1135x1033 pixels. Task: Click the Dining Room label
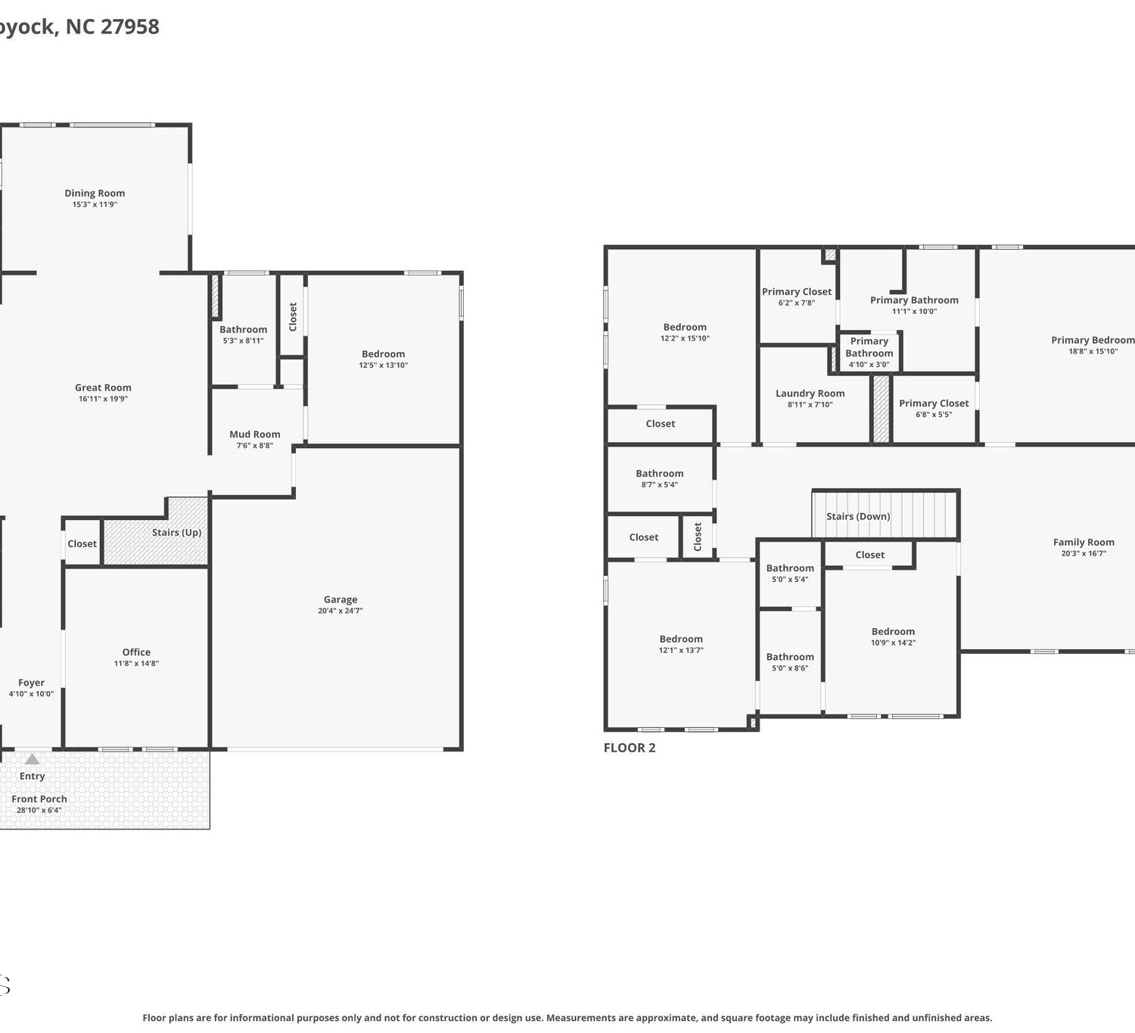point(95,193)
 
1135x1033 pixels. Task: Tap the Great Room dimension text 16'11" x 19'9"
point(103,399)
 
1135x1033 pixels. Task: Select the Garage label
point(340,599)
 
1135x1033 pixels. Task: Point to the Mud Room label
point(254,434)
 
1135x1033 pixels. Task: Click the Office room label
point(136,652)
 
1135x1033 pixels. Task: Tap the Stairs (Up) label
point(176,532)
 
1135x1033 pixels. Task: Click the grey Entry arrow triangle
point(33,758)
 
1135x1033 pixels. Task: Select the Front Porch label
point(39,798)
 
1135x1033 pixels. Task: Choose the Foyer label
point(31,683)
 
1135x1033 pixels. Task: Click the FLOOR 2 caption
point(630,748)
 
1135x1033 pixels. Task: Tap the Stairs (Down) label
point(858,516)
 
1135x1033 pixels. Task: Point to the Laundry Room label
point(810,394)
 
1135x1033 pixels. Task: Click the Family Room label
point(1084,543)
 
